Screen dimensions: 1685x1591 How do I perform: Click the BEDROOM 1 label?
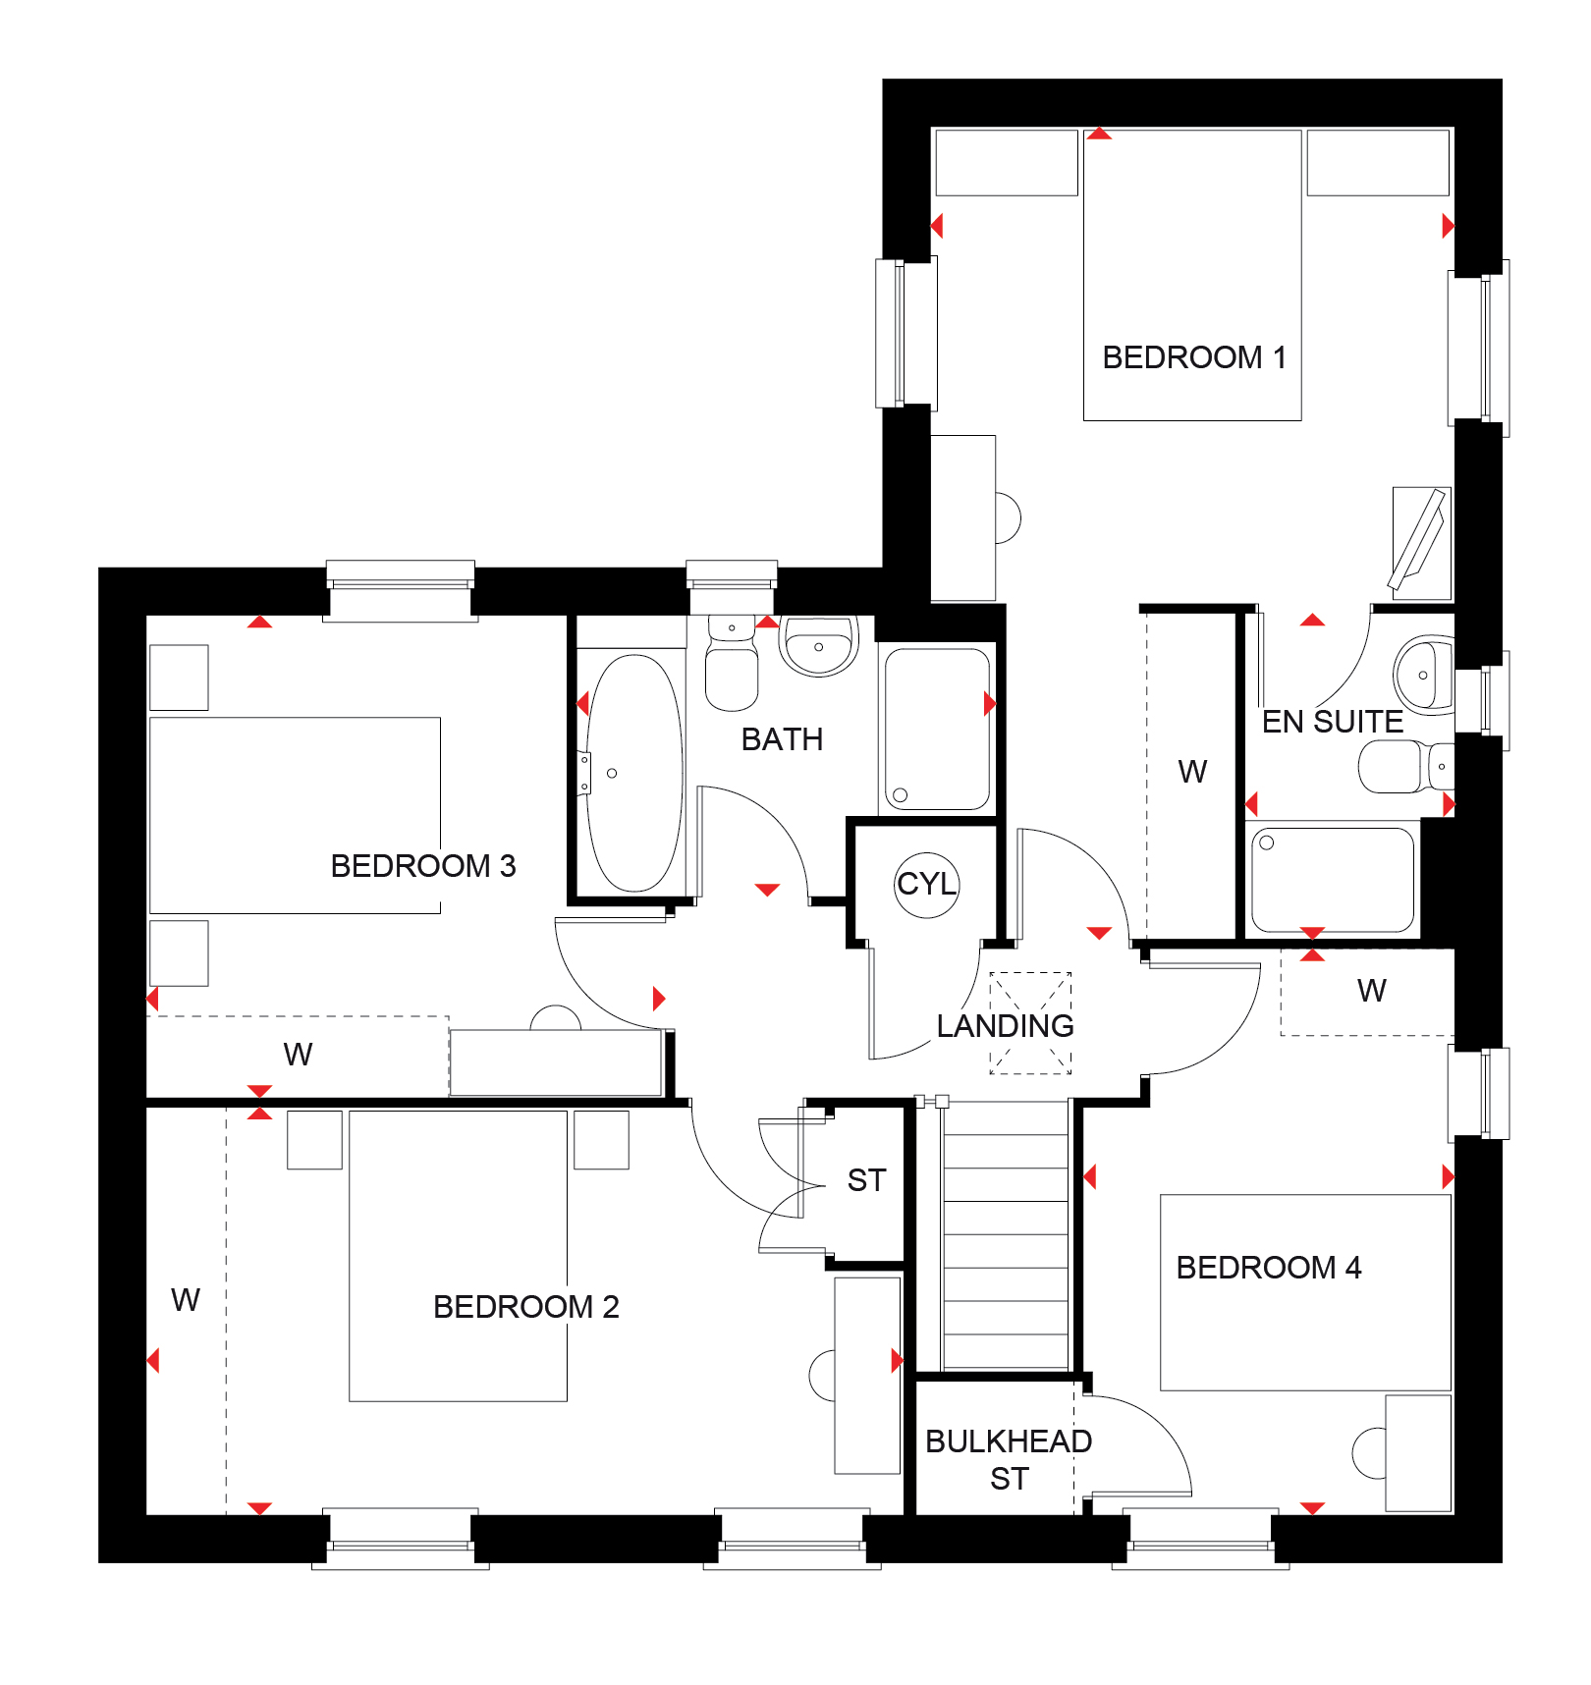tap(1193, 357)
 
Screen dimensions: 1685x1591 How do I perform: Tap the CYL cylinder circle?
tap(926, 884)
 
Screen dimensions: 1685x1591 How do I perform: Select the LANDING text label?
tap(1005, 1026)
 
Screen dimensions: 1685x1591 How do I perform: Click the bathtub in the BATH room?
tap(634, 774)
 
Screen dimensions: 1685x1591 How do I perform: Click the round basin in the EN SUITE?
tap(1423, 675)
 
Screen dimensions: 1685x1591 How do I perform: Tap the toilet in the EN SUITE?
tap(1399, 766)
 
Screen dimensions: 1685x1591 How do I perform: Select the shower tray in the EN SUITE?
tap(1333, 879)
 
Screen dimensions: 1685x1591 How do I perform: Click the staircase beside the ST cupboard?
tap(1005, 1237)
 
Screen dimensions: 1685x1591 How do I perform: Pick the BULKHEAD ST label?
tap(1009, 1459)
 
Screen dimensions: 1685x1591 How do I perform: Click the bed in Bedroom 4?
tap(1305, 1291)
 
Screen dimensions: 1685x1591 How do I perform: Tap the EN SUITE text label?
tap(1332, 722)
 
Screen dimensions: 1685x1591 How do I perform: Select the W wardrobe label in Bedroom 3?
tap(298, 1055)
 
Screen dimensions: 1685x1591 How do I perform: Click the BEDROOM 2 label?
tap(525, 1307)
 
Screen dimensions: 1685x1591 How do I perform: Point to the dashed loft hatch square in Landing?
tap(1030, 1023)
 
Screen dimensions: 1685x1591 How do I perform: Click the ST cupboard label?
tap(866, 1180)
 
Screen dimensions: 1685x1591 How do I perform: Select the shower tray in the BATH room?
tap(937, 729)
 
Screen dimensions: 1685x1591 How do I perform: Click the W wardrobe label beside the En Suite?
tap(1192, 772)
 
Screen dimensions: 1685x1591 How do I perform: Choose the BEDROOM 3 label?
tap(422, 866)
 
